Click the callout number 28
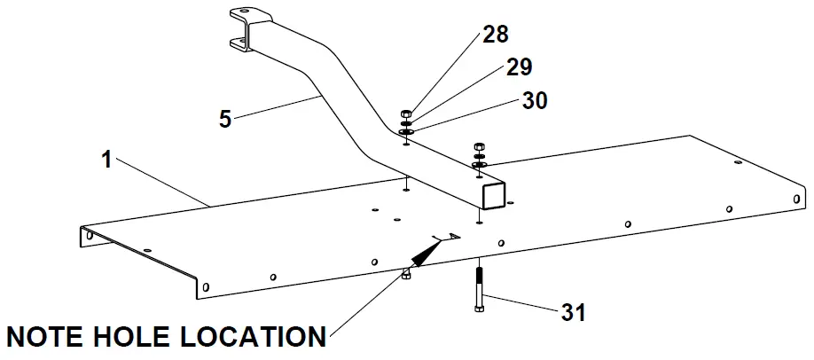click(497, 36)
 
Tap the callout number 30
click(535, 100)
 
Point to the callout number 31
click(574, 311)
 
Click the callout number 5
click(225, 118)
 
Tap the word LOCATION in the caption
click(256, 337)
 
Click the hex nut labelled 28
click(406, 113)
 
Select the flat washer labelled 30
click(406, 134)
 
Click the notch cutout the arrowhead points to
click(448, 236)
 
